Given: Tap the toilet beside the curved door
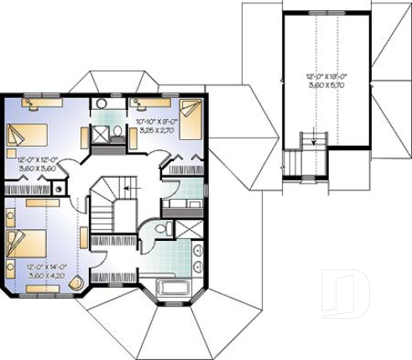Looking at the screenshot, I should tap(166, 227).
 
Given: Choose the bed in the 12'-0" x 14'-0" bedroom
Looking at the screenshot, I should tap(23, 243).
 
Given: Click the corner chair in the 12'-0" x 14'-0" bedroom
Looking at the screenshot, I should tap(78, 282).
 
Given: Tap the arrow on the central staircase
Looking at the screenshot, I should tap(126, 190).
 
